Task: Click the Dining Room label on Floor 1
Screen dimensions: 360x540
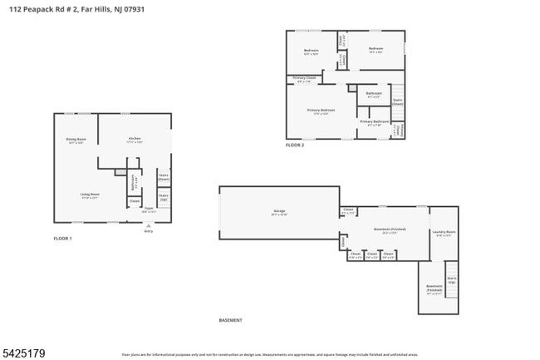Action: [75, 141]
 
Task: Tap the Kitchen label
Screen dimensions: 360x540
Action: [135, 140]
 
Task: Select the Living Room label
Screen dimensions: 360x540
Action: [90, 195]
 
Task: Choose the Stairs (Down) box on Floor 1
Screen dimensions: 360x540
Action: [164, 177]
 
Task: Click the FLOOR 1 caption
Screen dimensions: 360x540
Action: [63, 239]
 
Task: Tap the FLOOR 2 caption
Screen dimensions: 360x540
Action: [295, 145]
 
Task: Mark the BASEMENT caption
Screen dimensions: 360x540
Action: [230, 320]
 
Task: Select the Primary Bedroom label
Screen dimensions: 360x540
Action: [321, 111]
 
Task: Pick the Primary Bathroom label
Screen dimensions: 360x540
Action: [375, 123]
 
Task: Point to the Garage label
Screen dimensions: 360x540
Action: [279, 212]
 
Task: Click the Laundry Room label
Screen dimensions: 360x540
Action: [444, 233]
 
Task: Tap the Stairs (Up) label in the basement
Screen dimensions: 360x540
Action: [452, 280]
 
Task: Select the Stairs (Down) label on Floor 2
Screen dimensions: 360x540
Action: [397, 102]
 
